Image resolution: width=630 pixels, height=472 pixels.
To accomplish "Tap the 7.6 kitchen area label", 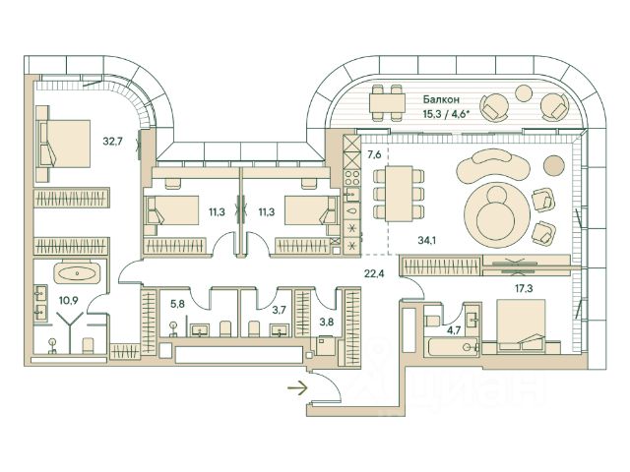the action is (375, 155).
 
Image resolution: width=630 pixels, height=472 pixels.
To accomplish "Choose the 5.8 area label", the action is (177, 304).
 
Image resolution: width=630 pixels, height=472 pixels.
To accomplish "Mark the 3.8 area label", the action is (326, 320).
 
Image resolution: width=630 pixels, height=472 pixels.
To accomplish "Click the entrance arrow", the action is (294, 389).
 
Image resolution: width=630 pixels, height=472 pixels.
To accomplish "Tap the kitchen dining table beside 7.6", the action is (396, 193).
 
